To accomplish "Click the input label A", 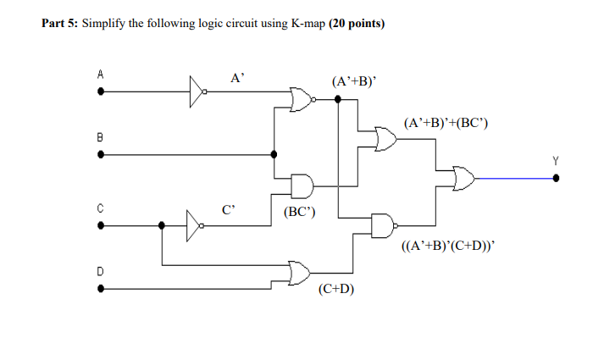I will tap(100, 75).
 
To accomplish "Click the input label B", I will tap(100, 136).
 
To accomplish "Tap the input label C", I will tap(100, 208).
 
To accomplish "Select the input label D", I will tap(100, 271).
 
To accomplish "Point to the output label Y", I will tap(556, 159).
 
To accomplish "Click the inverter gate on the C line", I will tap(195, 225).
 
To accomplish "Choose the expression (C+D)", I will tap(336, 289).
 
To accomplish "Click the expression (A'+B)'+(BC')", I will tap(446, 124).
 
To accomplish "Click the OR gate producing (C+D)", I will tap(301, 272).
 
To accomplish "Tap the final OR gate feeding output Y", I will tap(464, 178).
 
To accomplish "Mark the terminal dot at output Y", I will tap(556, 178).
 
